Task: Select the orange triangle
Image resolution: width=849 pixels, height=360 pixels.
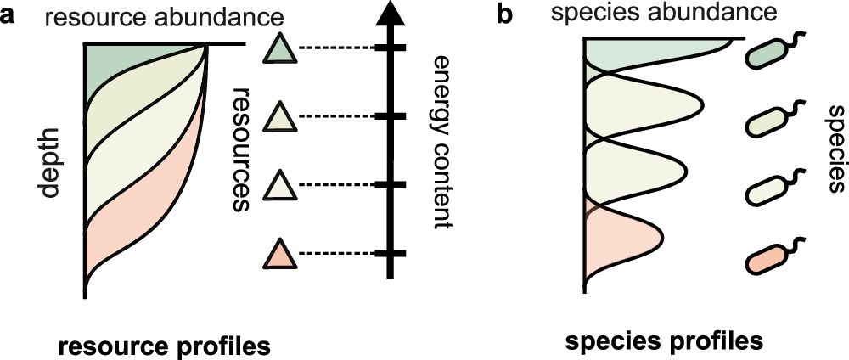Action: pyautogui.click(x=280, y=255)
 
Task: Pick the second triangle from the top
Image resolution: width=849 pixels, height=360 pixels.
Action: pyautogui.click(x=280, y=117)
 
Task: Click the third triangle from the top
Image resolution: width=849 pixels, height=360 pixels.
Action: pyautogui.click(x=280, y=186)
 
